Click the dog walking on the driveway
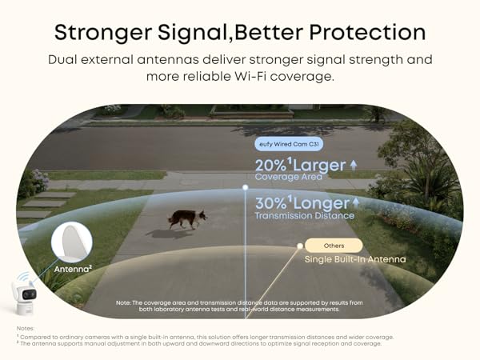click(x=186, y=219)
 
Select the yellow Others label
click(x=334, y=246)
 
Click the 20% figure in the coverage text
click(x=269, y=166)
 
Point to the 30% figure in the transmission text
click(x=270, y=203)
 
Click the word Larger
click(x=318, y=166)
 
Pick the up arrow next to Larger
click(x=354, y=165)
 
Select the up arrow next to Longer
click(x=357, y=203)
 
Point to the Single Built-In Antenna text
click(x=354, y=259)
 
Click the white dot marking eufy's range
click(x=246, y=188)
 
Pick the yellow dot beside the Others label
click(x=299, y=246)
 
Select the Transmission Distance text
click(x=304, y=216)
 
